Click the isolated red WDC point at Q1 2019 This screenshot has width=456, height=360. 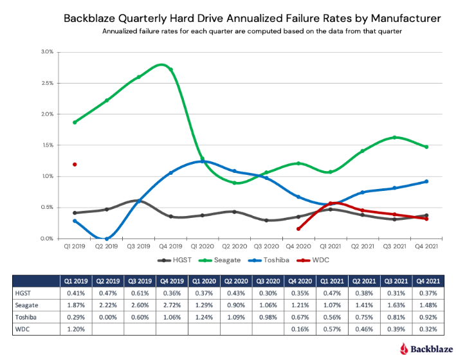[75, 165]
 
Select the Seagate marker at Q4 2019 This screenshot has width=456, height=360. [170, 70]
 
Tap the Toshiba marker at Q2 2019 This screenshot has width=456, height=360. [107, 239]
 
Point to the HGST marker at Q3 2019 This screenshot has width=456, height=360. [138, 201]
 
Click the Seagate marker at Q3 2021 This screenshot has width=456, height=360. [394, 138]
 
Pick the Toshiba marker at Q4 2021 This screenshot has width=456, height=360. [426, 181]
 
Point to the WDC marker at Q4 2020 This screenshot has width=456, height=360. [298, 228]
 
